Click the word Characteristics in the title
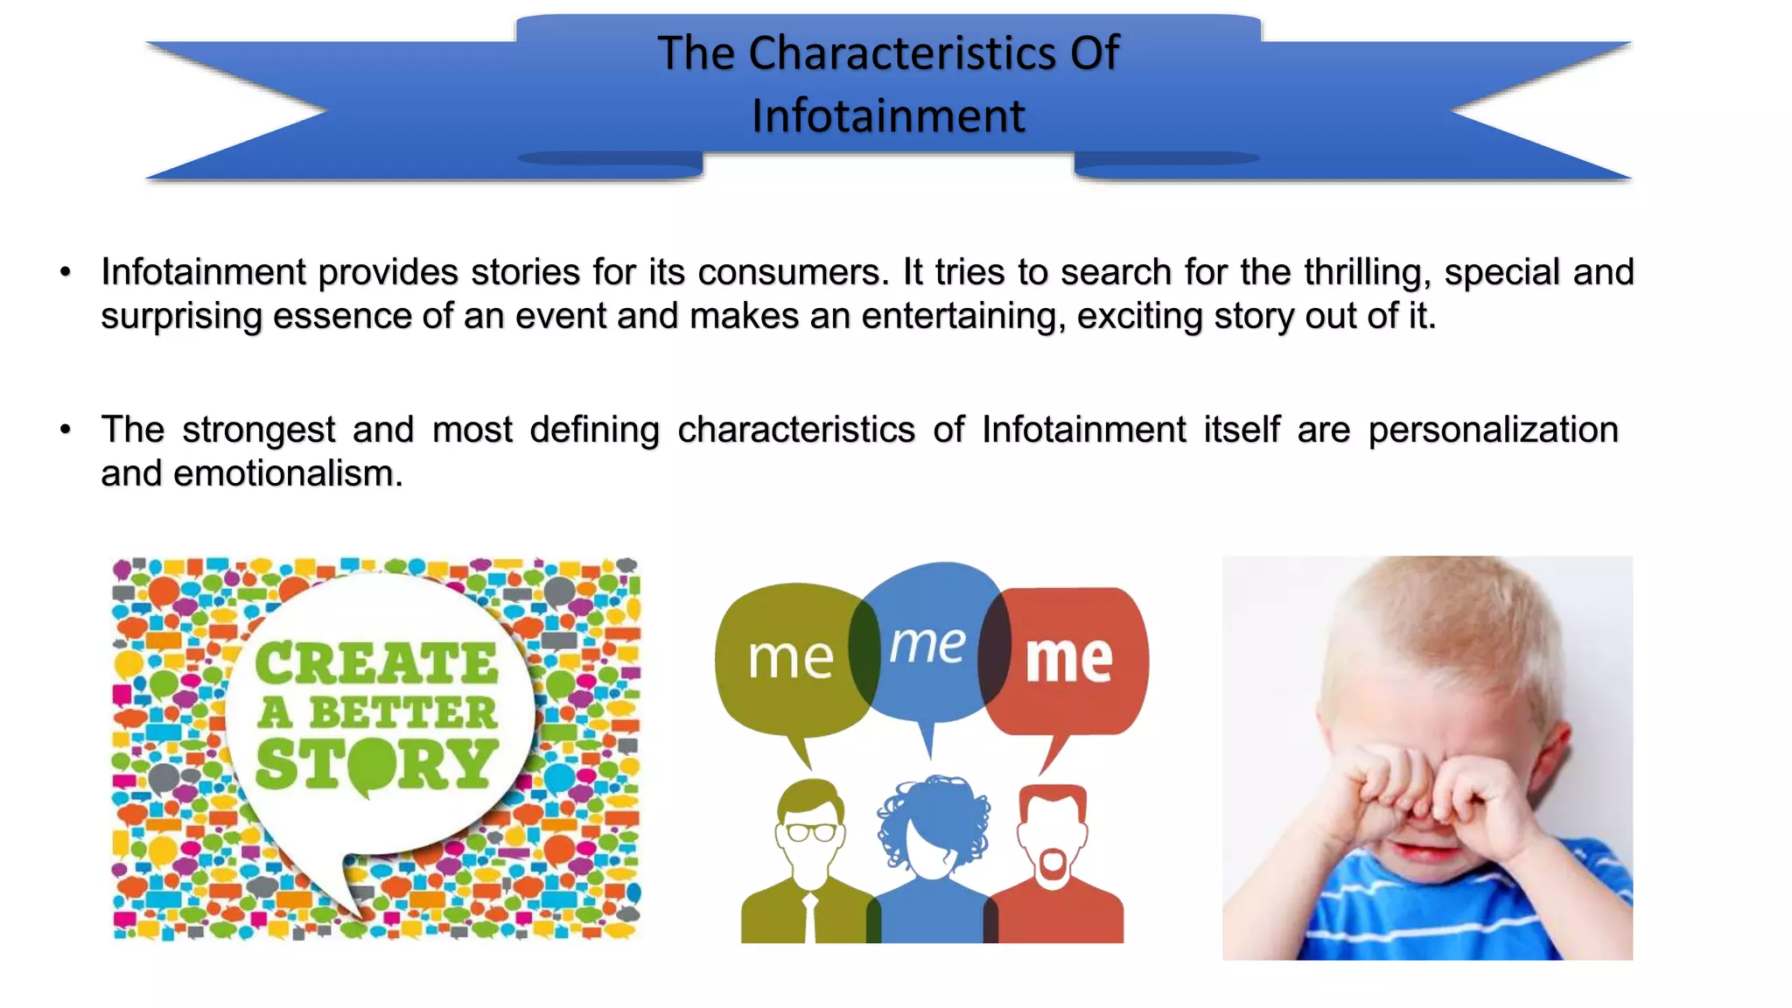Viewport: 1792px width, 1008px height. (x=902, y=53)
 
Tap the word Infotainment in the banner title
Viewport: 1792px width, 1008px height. (x=888, y=116)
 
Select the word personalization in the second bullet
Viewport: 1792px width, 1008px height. (x=1493, y=430)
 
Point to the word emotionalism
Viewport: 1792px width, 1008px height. (x=288, y=473)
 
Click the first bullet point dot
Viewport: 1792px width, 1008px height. (x=66, y=272)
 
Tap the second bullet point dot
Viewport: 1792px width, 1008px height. (x=66, y=430)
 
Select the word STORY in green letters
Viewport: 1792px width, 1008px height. (x=376, y=764)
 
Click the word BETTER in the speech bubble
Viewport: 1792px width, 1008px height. (x=402, y=713)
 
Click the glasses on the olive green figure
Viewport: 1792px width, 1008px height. (x=811, y=831)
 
